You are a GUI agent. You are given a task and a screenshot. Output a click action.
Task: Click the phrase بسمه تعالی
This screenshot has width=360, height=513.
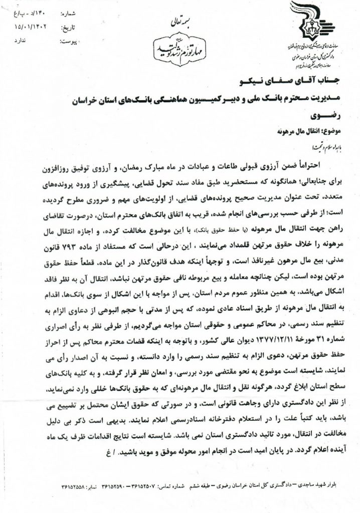pos(176,23)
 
